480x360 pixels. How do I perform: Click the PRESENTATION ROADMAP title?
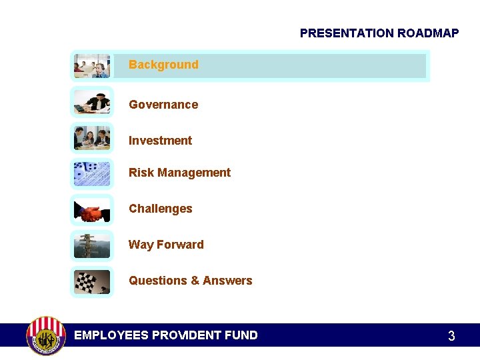(379, 33)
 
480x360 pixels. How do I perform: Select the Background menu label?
(163, 65)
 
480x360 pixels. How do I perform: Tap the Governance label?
(163, 105)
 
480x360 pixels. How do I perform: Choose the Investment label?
(160, 141)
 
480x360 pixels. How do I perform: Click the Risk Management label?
(179, 173)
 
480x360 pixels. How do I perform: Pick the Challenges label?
(160, 209)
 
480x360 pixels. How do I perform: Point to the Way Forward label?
(166, 245)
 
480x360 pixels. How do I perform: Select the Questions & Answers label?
(190, 281)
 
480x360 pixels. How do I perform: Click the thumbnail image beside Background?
(92, 66)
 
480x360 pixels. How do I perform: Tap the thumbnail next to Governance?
(92, 102)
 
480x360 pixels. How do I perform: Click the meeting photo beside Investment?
(92, 138)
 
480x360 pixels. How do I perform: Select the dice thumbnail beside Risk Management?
(92, 174)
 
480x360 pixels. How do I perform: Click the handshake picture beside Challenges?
(92, 211)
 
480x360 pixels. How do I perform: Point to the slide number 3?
(451, 337)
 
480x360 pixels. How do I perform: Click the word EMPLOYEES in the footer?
(111, 335)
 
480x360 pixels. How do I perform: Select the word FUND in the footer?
(241, 335)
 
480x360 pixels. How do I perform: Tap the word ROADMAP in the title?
(428, 33)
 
